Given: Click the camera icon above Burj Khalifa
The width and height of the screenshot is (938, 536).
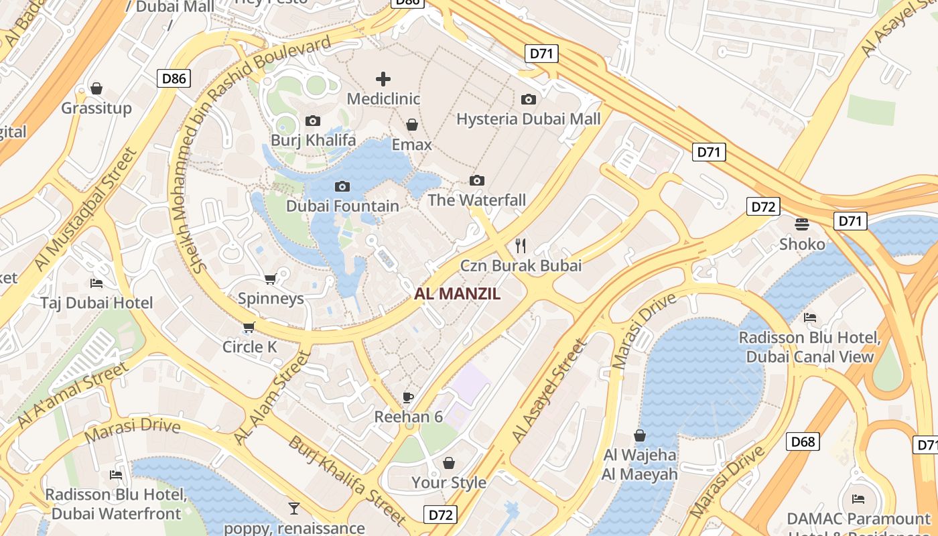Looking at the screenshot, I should click(x=312, y=121).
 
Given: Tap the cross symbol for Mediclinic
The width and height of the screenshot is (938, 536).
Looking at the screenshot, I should click(x=383, y=79).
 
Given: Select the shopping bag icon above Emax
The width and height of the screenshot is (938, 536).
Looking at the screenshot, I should click(x=412, y=125).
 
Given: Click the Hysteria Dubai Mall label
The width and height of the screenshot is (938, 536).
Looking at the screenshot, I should click(x=528, y=119).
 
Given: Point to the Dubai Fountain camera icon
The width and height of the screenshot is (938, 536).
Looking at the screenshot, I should click(x=342, y=186).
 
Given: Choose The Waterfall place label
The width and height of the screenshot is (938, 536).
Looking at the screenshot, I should click(x=476, y=200).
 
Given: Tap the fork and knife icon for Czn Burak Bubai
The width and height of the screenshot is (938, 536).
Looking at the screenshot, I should click(x=521, y=246).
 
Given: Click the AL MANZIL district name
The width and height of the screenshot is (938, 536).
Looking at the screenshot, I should click(x=458, y=293).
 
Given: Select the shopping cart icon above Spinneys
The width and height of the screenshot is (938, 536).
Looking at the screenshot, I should click(x=271, y=279).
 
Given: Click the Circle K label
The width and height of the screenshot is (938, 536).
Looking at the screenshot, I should click(x=249, y=347).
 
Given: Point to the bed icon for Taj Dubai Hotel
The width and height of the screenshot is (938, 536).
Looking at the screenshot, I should click(x=96, y=283).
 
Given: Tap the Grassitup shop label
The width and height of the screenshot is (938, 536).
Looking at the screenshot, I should click(x=96, y=108).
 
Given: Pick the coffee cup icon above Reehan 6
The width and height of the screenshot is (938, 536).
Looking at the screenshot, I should click(x=408, y=397).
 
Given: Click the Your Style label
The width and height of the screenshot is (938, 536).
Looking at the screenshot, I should click(x=448, y=482).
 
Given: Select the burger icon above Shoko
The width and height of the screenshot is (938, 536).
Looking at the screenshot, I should click(x=802, y=224).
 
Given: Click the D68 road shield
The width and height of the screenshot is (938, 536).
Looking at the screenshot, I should click(x=802, y=442).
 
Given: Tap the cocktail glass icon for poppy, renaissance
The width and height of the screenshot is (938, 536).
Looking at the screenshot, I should click(x=294, y=509).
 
